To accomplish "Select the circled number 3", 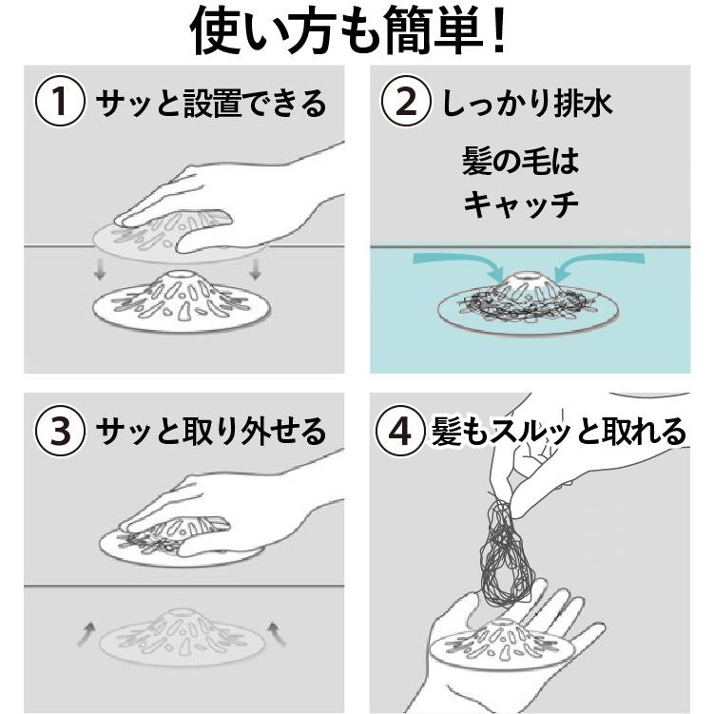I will [58, 433].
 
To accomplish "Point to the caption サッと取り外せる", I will [210, 433].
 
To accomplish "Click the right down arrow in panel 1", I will [254, 274].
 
